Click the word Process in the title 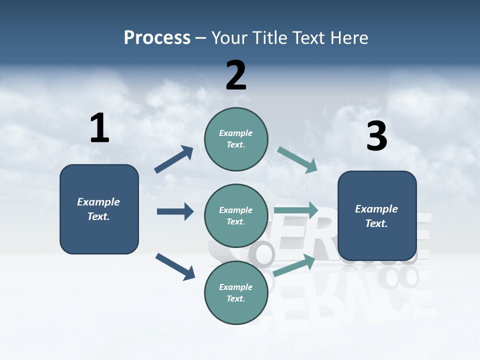click(x=157, y=38)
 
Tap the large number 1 click(x=99, y=128)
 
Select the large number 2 click(x=236, y=75)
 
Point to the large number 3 click(x=376, y=136)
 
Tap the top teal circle click(x=236, y=139)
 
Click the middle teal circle click(x=236, y=215)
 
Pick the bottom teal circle click(x=236, y=292)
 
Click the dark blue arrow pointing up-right click(x=173, y=159)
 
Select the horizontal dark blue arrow click(x=175, y=211)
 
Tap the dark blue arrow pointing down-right click(x=175, y=266)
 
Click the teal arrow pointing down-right click(x=297, y=160)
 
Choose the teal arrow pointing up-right click(x=294, y=265)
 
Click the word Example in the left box click(x=98, y=202)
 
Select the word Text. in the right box click(x=376, y=223)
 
